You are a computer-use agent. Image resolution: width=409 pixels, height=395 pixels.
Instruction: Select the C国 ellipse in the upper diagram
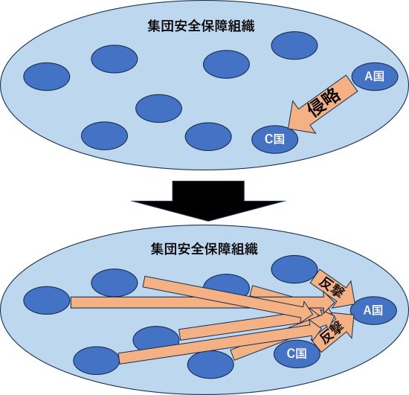pyautogui.click(x=274, y=138)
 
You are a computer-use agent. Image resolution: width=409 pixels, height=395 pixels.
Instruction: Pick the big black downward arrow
pyautogui.click(x=204, y=199)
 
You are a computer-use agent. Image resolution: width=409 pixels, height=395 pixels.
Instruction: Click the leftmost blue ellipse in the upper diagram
pyautogui.click(x=46, y=76)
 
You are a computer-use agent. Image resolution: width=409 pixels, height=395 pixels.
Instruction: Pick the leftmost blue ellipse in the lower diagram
pyautogui.click(x=46, y=301)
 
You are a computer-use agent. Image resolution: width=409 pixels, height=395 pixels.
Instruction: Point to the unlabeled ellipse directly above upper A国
pyautogui.click(x=294, y=46)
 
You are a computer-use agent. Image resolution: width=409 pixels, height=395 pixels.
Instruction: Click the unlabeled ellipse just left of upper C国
pyautogui.click(x=208, y=136)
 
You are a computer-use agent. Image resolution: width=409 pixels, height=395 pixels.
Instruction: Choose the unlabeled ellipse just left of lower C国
pyautogui.click(x=211, y=364)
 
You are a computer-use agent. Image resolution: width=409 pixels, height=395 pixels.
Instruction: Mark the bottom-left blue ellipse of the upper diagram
pyautogui.click(x=104, y=136)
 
